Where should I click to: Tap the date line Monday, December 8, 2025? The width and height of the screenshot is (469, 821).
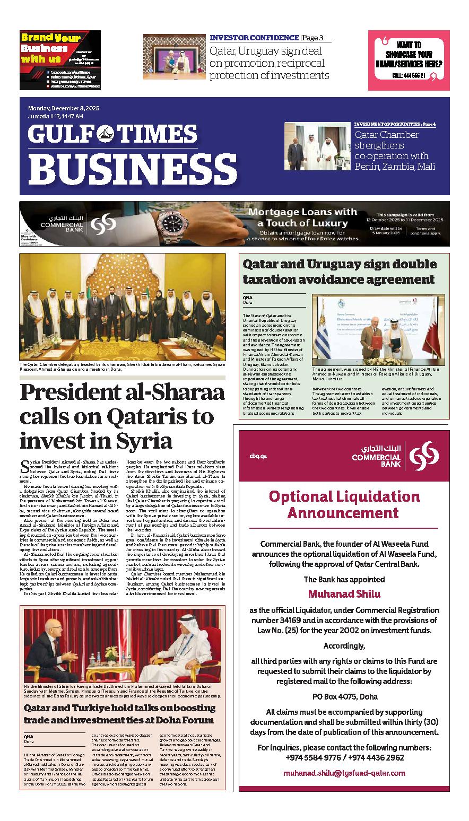click(64, 108)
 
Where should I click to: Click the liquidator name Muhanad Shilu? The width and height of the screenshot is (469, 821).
click(344, 593)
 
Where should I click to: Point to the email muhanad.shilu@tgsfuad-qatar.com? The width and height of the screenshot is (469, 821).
click(344, 773)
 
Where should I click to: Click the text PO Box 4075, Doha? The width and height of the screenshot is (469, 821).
click(344, 696)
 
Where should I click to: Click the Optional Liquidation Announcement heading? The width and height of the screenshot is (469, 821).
click(344, 504)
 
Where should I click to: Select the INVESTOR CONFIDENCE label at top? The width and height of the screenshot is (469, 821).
click(254, 38)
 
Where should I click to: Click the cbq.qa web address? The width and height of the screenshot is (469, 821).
click(258, 457)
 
